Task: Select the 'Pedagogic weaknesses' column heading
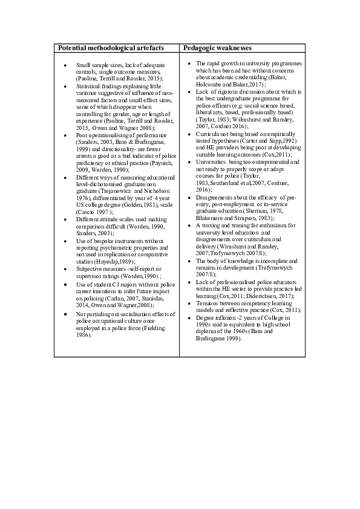tap(217, 47)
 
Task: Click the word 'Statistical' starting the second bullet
tap(88, 86)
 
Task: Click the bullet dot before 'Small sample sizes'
tap(65, 65)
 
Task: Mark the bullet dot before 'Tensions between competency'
tap(189, 303)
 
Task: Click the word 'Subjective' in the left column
tap(90, 268)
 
